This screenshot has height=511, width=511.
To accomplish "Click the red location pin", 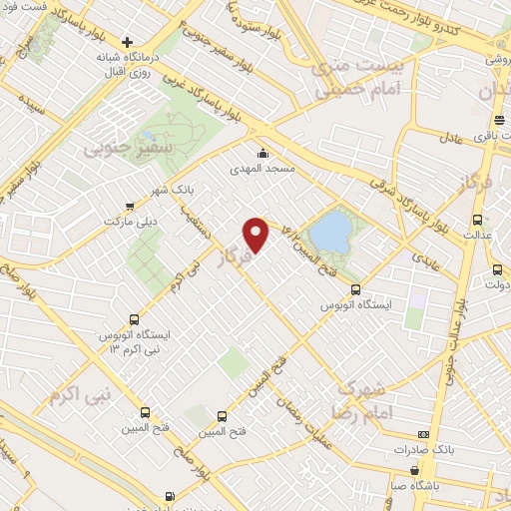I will click(257, 234).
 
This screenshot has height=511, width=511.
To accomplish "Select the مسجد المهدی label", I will click(262, 169).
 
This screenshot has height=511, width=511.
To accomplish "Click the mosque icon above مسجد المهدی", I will click(262, 153).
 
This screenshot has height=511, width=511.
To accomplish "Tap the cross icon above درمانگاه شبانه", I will click(127, 42).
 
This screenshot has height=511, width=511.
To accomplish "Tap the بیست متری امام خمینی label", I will click(354, 76).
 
